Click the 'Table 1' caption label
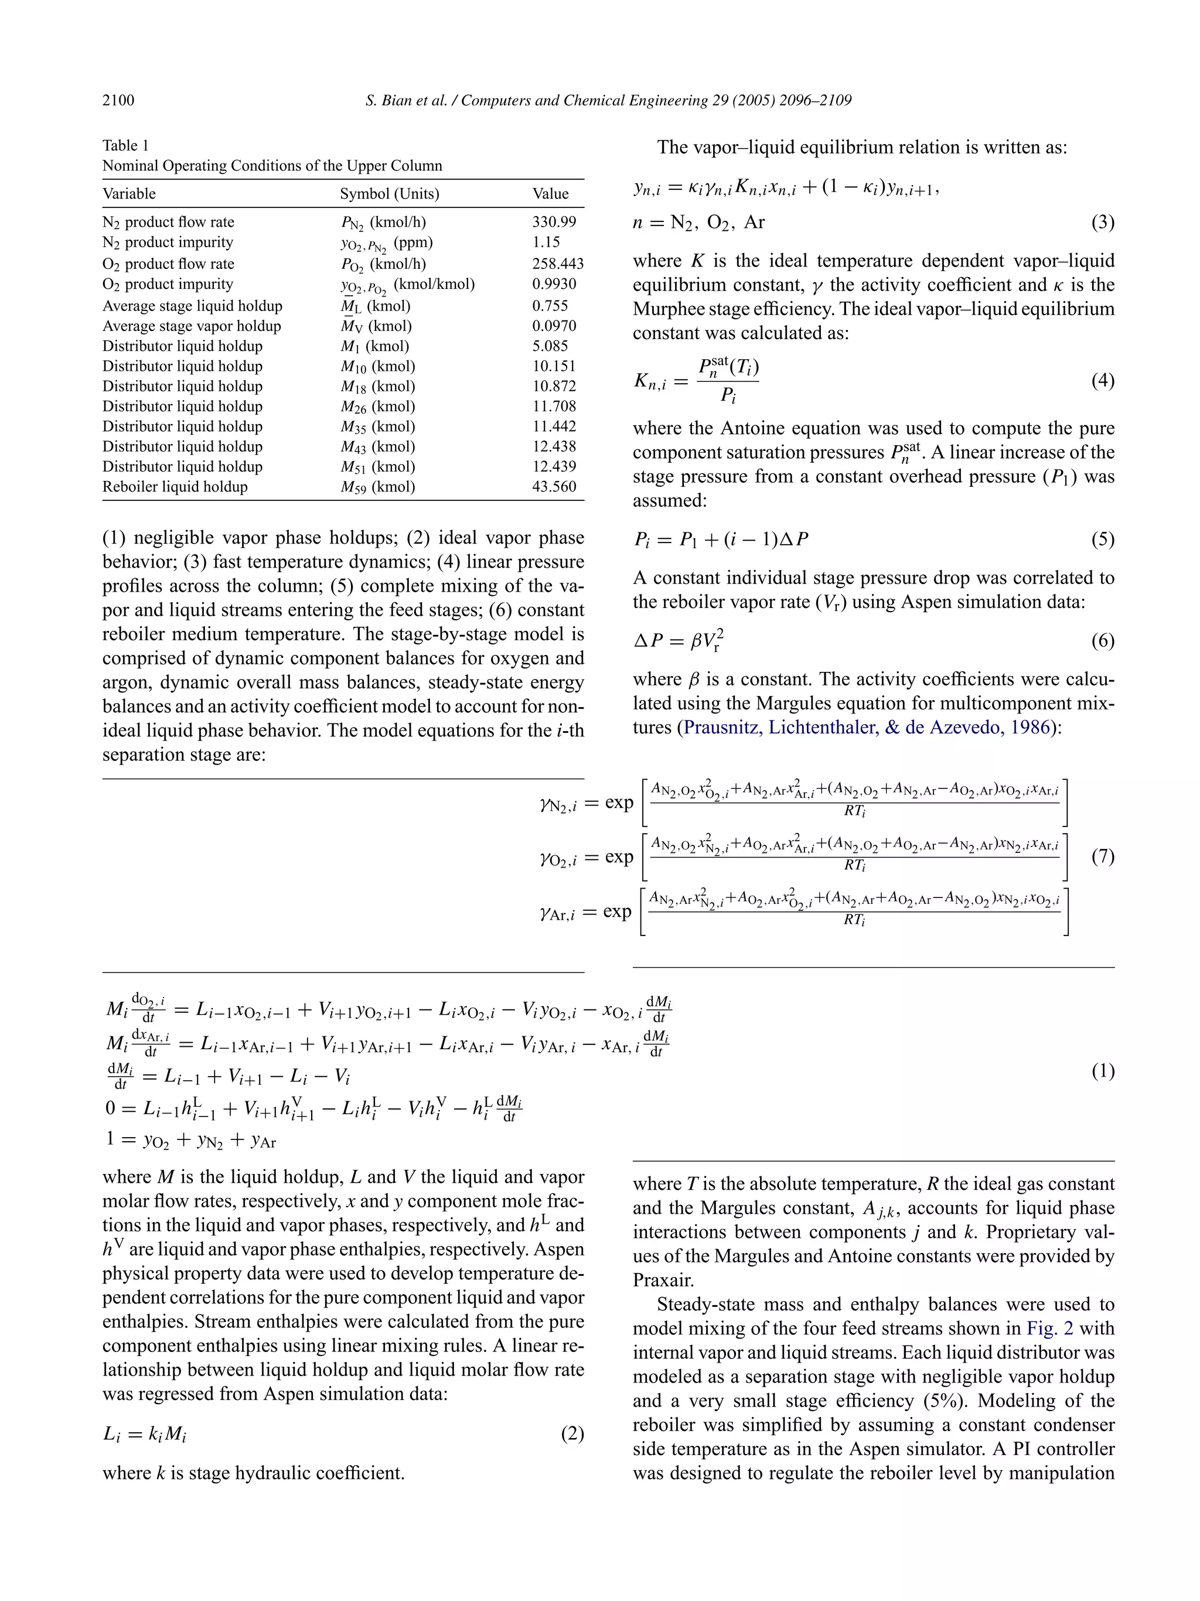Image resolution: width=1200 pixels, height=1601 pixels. [125, 145]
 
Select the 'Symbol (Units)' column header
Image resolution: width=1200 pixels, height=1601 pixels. [390, 193]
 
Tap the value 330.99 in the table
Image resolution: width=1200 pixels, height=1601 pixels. [554, 222]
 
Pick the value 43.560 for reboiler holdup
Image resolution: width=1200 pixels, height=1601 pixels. [554, 486]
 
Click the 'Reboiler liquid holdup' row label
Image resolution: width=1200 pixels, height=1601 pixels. [175, 486]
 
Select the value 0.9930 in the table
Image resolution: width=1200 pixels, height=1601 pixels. [554, 284]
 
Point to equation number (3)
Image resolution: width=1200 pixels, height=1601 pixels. [1102, 222]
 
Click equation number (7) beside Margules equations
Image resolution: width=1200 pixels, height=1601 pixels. [1102, 856]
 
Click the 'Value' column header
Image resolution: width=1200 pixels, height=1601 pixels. [550, 193]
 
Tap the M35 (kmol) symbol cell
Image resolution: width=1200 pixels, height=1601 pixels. [378, 426]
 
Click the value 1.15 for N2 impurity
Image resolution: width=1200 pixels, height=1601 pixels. [546, 243]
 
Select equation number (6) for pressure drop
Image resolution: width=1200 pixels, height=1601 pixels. [1102, 640]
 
